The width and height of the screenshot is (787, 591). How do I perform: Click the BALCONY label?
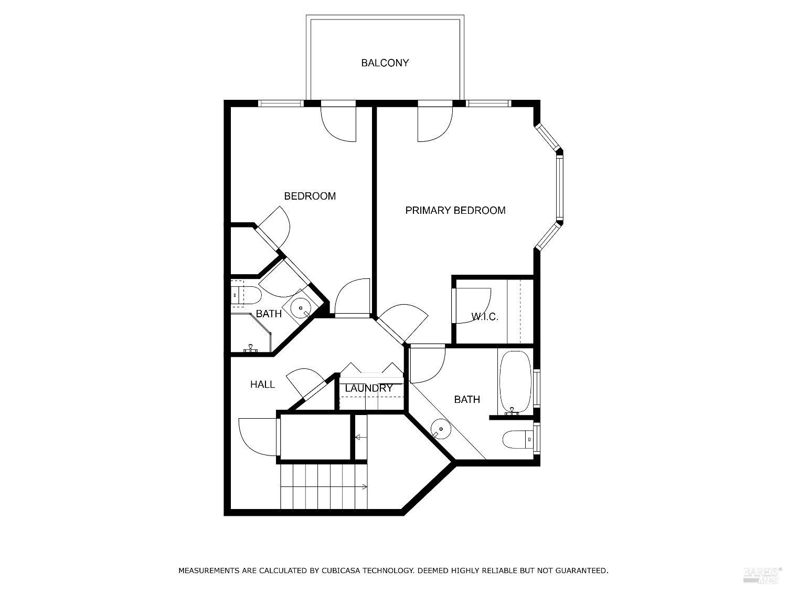385,63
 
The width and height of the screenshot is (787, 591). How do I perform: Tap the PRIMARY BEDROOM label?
455,211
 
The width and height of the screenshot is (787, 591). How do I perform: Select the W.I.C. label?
484,317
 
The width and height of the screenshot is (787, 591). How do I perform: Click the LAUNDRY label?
369,388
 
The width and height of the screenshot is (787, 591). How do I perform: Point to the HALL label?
262,385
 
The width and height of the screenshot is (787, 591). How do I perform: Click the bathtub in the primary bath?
515,382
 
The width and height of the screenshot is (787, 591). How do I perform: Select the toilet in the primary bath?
517,439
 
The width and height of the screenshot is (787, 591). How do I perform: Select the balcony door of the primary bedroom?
434,124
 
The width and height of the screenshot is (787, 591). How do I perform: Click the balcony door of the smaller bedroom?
338,124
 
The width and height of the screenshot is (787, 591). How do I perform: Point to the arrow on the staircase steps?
362,487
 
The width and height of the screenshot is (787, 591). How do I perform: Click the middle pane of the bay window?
560,188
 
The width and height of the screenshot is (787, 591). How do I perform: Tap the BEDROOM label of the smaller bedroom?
310,196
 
